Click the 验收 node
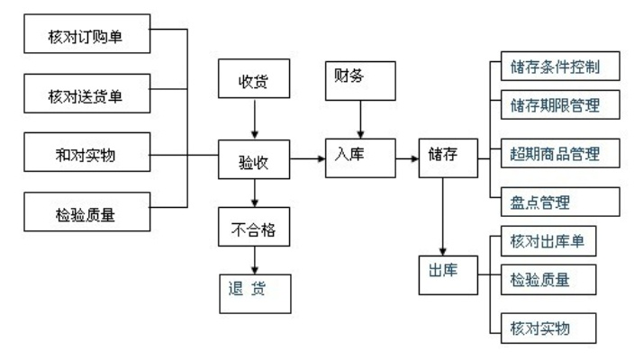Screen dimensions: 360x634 [256, 162]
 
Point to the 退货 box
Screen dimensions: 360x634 [256, 292]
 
